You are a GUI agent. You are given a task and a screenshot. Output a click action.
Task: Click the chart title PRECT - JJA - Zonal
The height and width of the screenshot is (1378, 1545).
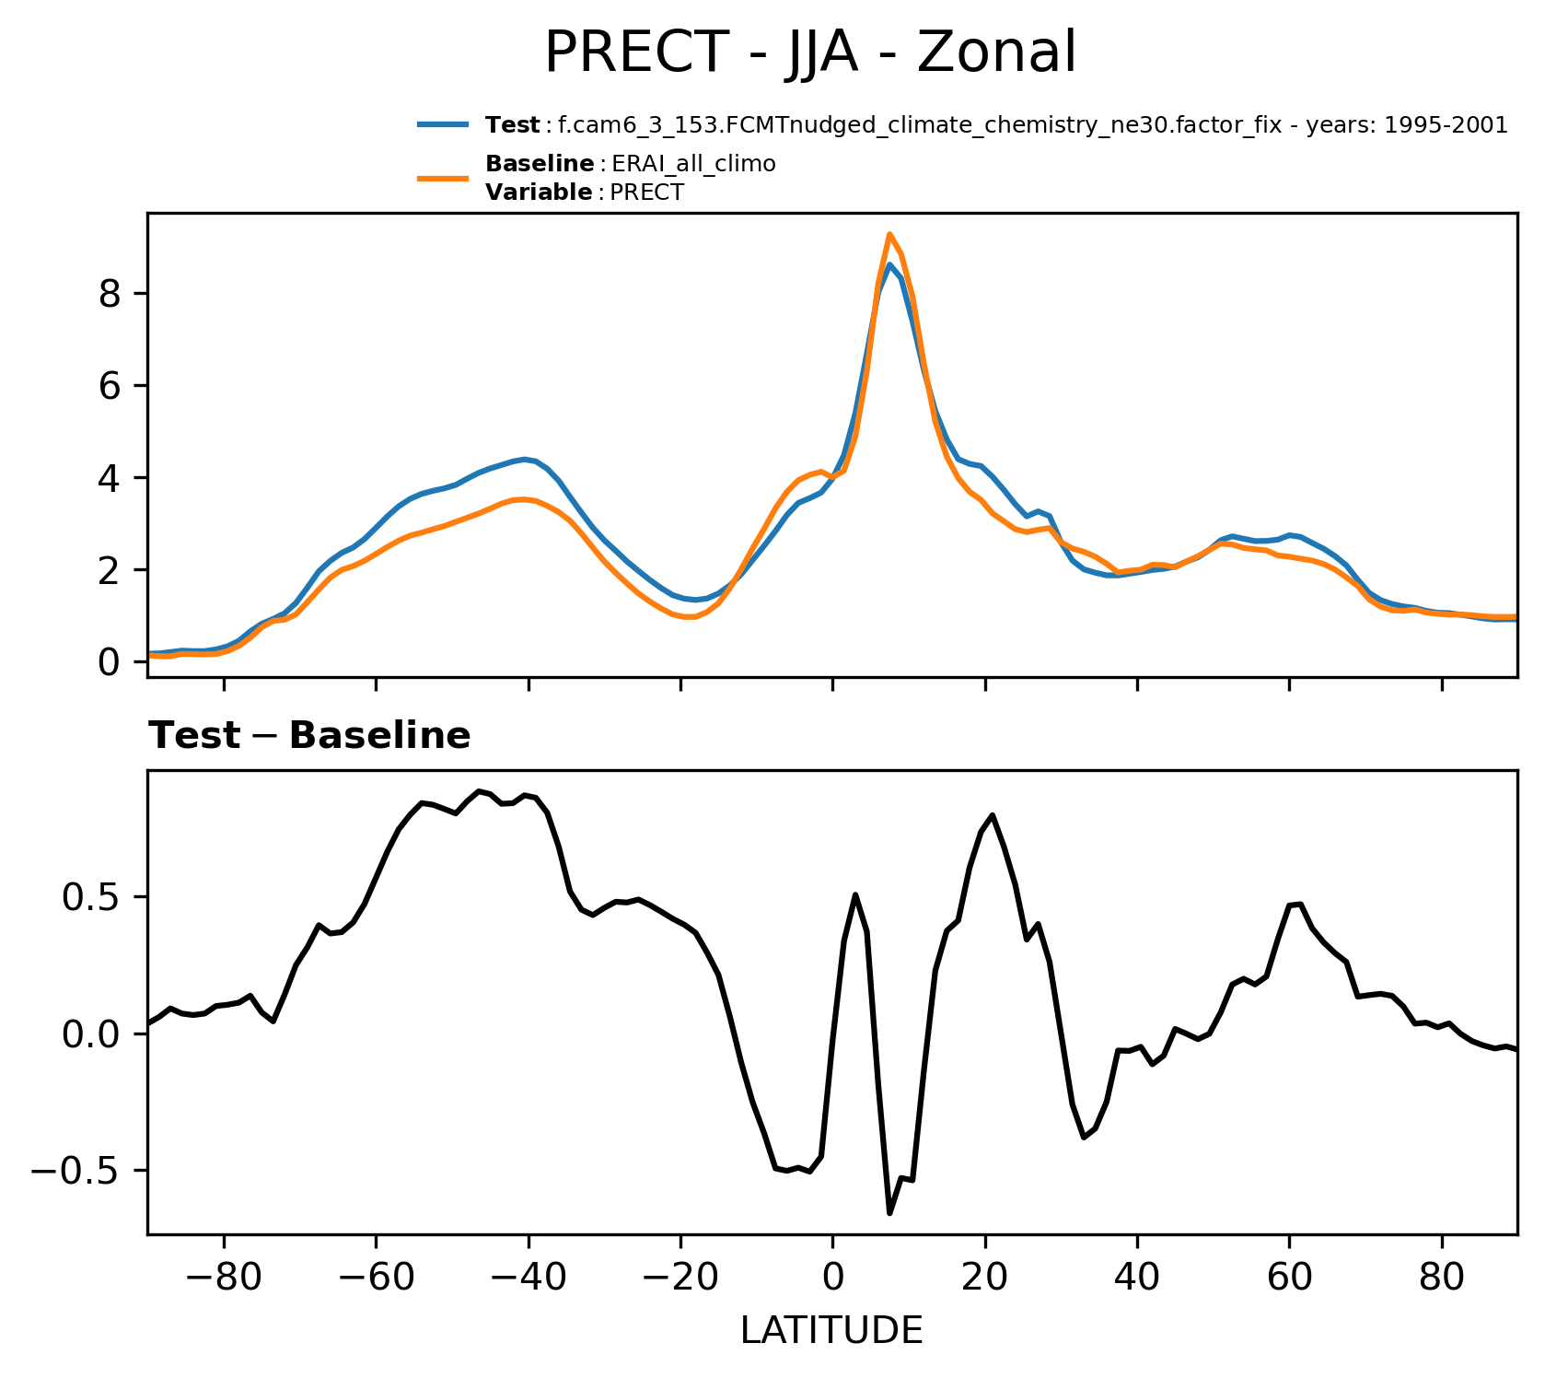click(809, 53)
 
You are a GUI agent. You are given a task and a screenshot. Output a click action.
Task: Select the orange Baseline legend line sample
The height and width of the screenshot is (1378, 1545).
click(444, 178)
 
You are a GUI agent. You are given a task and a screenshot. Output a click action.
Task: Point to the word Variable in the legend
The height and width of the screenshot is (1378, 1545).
click(539, 193)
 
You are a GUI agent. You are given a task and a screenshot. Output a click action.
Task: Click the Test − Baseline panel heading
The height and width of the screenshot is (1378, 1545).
click(309, 736)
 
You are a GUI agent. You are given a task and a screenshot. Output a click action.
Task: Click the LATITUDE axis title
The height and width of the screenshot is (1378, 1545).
click(831, 1330)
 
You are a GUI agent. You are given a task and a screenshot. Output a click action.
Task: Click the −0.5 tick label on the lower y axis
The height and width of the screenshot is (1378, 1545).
click(80, 1172)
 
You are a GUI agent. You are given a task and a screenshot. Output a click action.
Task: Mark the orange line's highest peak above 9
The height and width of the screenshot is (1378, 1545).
click(889, 234)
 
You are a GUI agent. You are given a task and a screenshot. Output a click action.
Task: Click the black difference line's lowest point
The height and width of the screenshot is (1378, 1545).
click(889, 1213)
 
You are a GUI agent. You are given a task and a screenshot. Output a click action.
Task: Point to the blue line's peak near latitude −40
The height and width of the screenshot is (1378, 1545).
click(525, 459)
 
